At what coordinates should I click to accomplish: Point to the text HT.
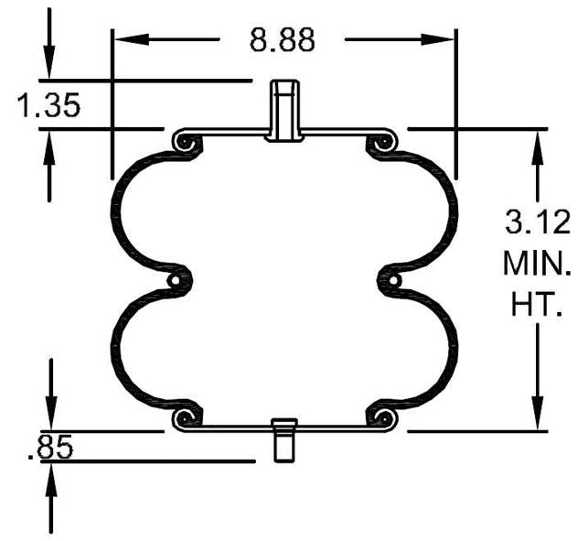click(x=537, y=304)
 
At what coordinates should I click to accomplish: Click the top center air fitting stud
click(x=283, y=110)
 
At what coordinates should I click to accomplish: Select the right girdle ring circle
click(x=390, y=280)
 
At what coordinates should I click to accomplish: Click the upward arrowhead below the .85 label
click(x=52, y=475)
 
